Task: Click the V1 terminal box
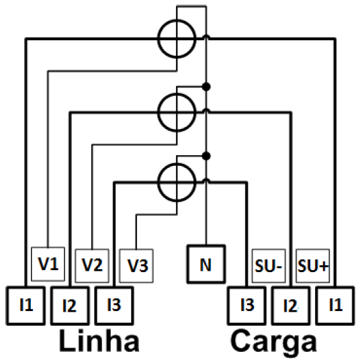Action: point(48,264)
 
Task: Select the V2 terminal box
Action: point(92,266)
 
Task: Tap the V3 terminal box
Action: point(136,266)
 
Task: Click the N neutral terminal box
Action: point(206,264)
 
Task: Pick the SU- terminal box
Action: point(269,266)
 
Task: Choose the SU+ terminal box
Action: point(313,266)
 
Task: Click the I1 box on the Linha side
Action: point(26,306)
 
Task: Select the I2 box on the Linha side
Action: point(70,306)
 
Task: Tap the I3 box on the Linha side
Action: point(114,306)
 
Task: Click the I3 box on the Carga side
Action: point(246,306)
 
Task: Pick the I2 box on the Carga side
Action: point(291,306)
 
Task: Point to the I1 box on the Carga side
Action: point(335,306)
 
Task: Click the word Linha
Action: point(99,341)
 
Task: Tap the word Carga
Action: point(273,342)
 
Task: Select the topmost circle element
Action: point(159,39)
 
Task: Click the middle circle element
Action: point(159,112)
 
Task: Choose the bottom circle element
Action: point(159,183)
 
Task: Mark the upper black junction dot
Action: point(206,87)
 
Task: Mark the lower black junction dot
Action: point(206,156)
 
